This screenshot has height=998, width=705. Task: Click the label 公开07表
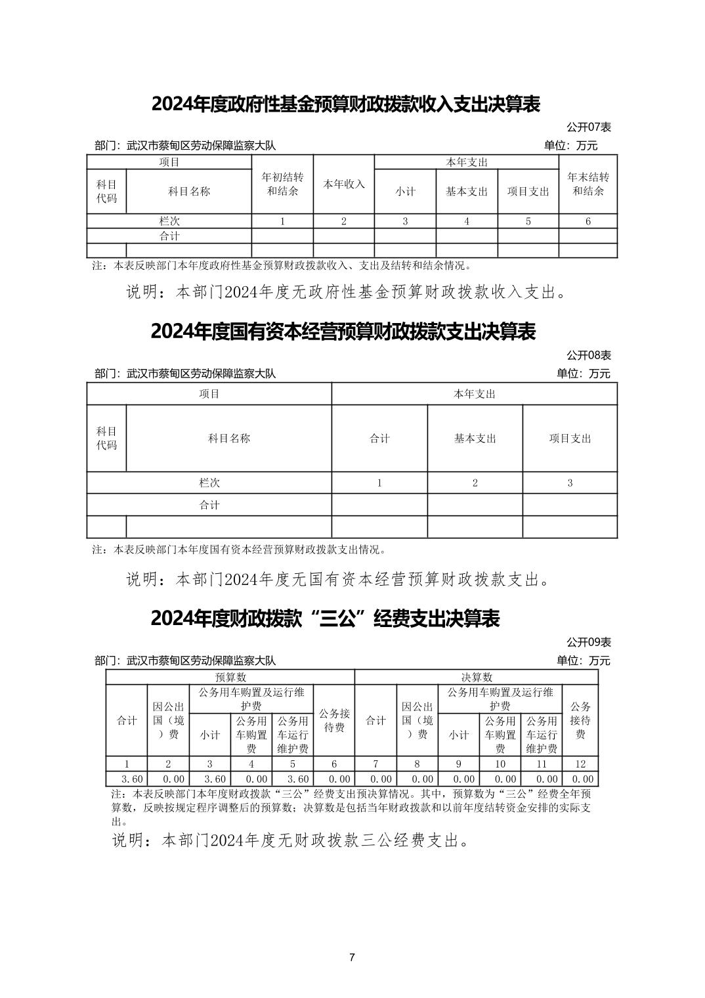click(x=588, y=127)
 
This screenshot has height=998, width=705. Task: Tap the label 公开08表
click(x=588, y=355)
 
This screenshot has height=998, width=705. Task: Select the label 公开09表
click(x=588, y=642)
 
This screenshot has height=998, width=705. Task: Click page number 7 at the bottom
click(x=352, y=957)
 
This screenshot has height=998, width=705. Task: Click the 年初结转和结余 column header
click(x=282, y=184)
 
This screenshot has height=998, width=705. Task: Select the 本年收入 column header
click(x=343, y=184)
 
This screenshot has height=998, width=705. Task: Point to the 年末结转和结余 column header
click(x=587, y=184)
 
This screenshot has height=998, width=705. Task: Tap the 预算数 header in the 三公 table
click(x=230, y=677)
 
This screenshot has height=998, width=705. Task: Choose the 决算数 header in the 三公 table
click(x=477, y=677)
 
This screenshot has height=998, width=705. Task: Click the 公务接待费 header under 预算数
click(x=334, y=720)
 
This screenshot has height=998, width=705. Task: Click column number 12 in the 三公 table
click(x=580, y=764)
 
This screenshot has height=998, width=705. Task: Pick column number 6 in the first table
click(x=587, y=221)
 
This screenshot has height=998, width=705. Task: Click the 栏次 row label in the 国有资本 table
click(x=209, y=483)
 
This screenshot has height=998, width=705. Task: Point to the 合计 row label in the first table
click(x=169, y=236)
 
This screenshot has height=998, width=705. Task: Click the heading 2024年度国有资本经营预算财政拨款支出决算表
click(x=343, y=332)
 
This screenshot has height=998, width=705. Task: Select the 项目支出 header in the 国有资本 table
click(x=570, y=439)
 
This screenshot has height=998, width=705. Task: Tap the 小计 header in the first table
click(x=405, y=192)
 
